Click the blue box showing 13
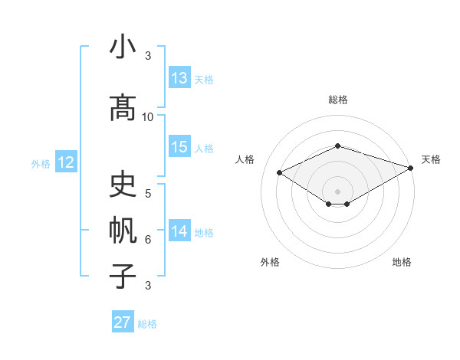(x=179, y=78)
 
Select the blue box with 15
(x=179, y=147)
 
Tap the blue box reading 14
(x=179, y=231)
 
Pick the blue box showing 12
(x=65, y=162)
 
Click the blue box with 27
(x=123, y=322)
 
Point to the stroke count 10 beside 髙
(x=148, y=116)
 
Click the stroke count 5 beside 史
(x=148, y=193)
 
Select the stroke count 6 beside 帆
(x=148, y=240)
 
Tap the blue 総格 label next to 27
(x=147, y=324)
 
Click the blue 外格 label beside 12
(x=41, y=163)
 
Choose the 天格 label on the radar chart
(x=431, y=159)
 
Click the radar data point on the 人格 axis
(x=279, y=172)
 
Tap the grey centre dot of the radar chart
(x=337, y=190)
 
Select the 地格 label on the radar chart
(x=402, y=262)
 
